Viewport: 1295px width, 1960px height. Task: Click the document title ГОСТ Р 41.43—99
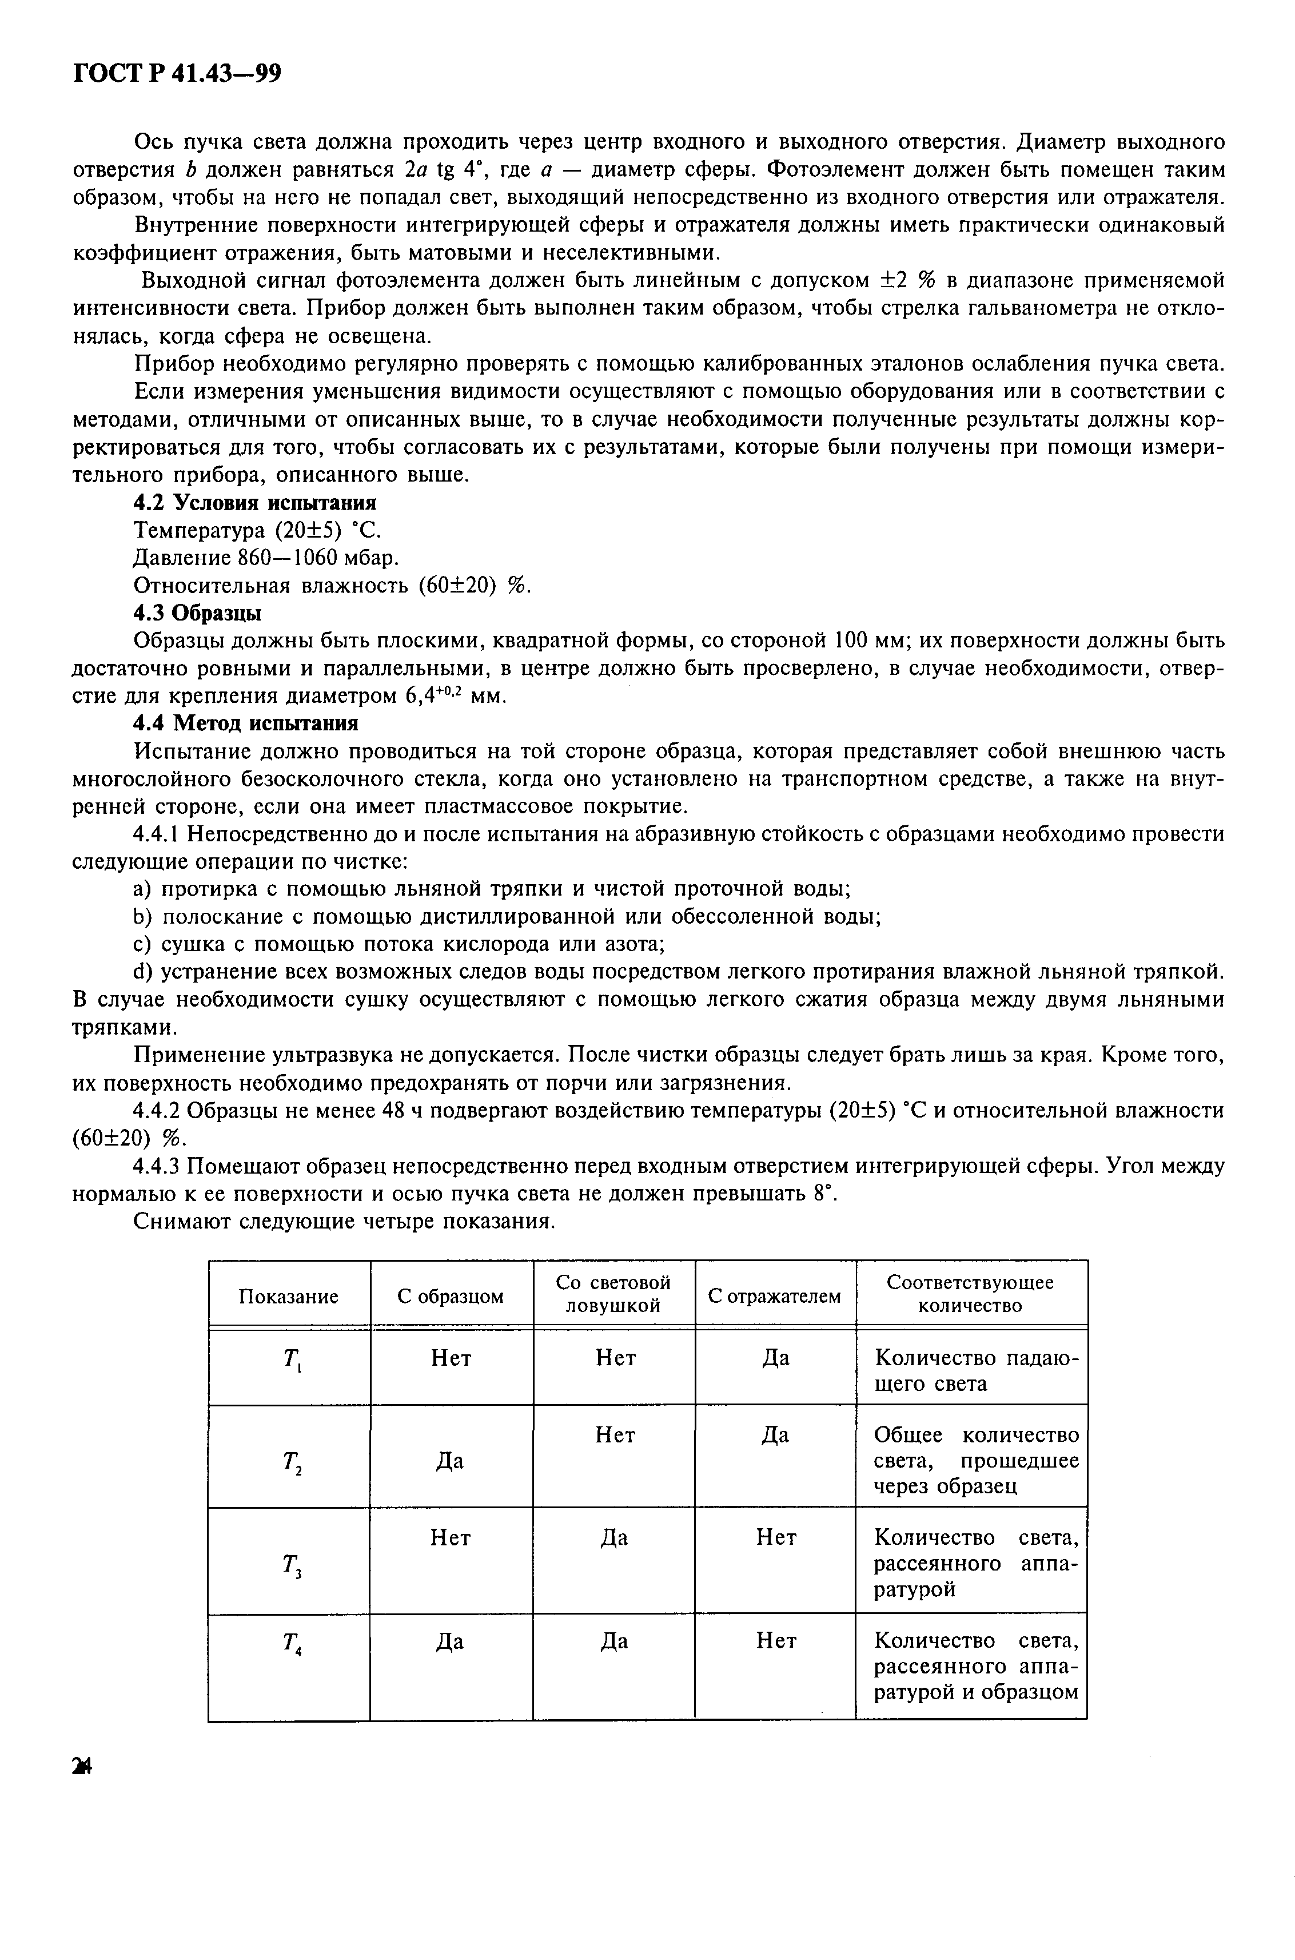[178, 75]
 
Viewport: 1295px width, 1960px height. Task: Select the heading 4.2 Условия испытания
[254, 502]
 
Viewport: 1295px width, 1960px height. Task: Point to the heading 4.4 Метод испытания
[245, 723]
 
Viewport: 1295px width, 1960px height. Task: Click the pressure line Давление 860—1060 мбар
[265, 558]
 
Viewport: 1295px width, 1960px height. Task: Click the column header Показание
[288, 1296]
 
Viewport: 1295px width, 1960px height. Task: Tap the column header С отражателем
[774, 1296]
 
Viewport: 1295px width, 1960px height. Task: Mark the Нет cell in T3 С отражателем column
[775, 1537]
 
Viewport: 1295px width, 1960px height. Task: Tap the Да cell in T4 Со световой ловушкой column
[613, 1640]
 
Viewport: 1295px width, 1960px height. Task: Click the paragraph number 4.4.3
[158, 1166]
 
